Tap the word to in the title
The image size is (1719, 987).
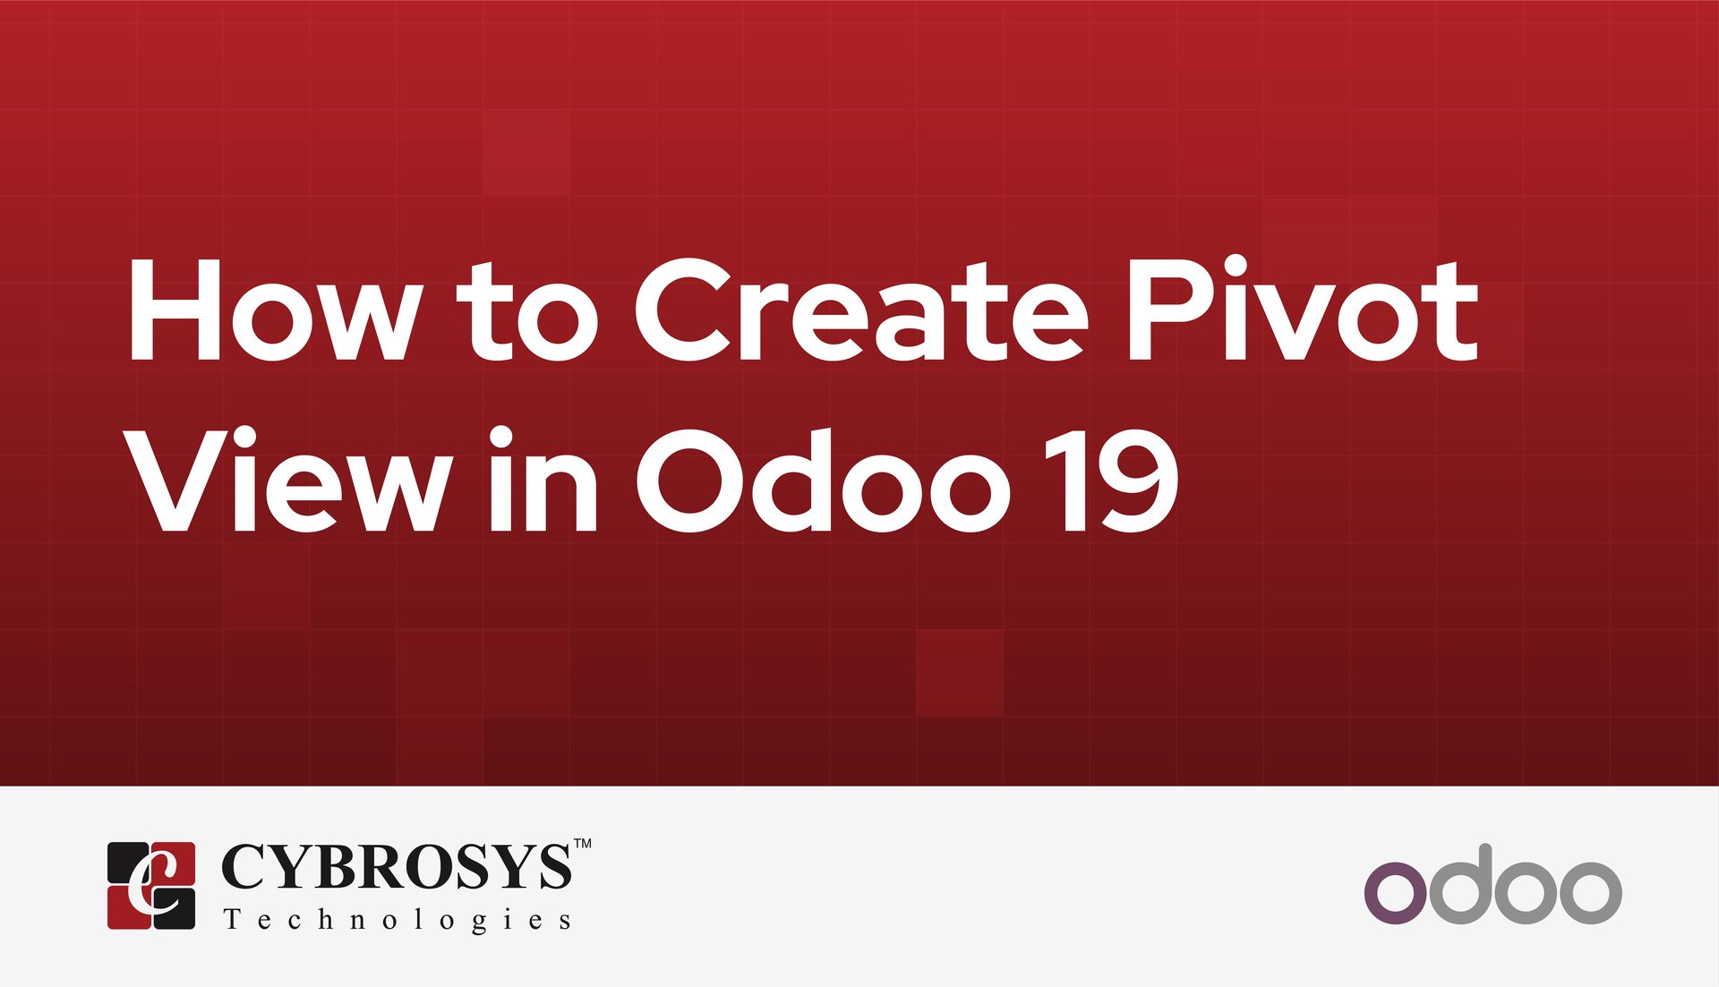(527, 313)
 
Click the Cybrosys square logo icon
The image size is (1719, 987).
(151, 885)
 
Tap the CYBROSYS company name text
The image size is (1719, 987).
(395, 867)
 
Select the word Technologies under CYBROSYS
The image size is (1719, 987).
(398, 920)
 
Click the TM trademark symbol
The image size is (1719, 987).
(582, 844)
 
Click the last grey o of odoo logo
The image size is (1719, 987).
(1589, 892)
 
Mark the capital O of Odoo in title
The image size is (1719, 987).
(690, 483)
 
